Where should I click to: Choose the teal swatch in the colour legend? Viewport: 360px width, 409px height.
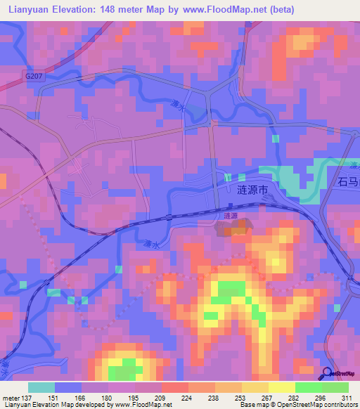41,387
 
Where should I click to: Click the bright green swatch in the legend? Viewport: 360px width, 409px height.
308,387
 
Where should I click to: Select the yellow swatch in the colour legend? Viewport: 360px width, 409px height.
281,387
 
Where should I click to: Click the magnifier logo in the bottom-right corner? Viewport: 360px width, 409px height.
328,373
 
